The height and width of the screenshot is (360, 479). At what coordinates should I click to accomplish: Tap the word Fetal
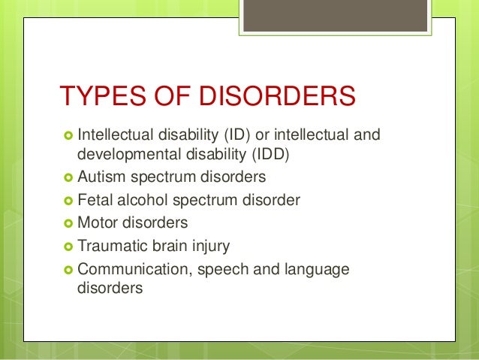95,201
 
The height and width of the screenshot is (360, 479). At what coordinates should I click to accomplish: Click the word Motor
97,223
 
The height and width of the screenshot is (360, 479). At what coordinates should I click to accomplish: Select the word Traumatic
110,246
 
